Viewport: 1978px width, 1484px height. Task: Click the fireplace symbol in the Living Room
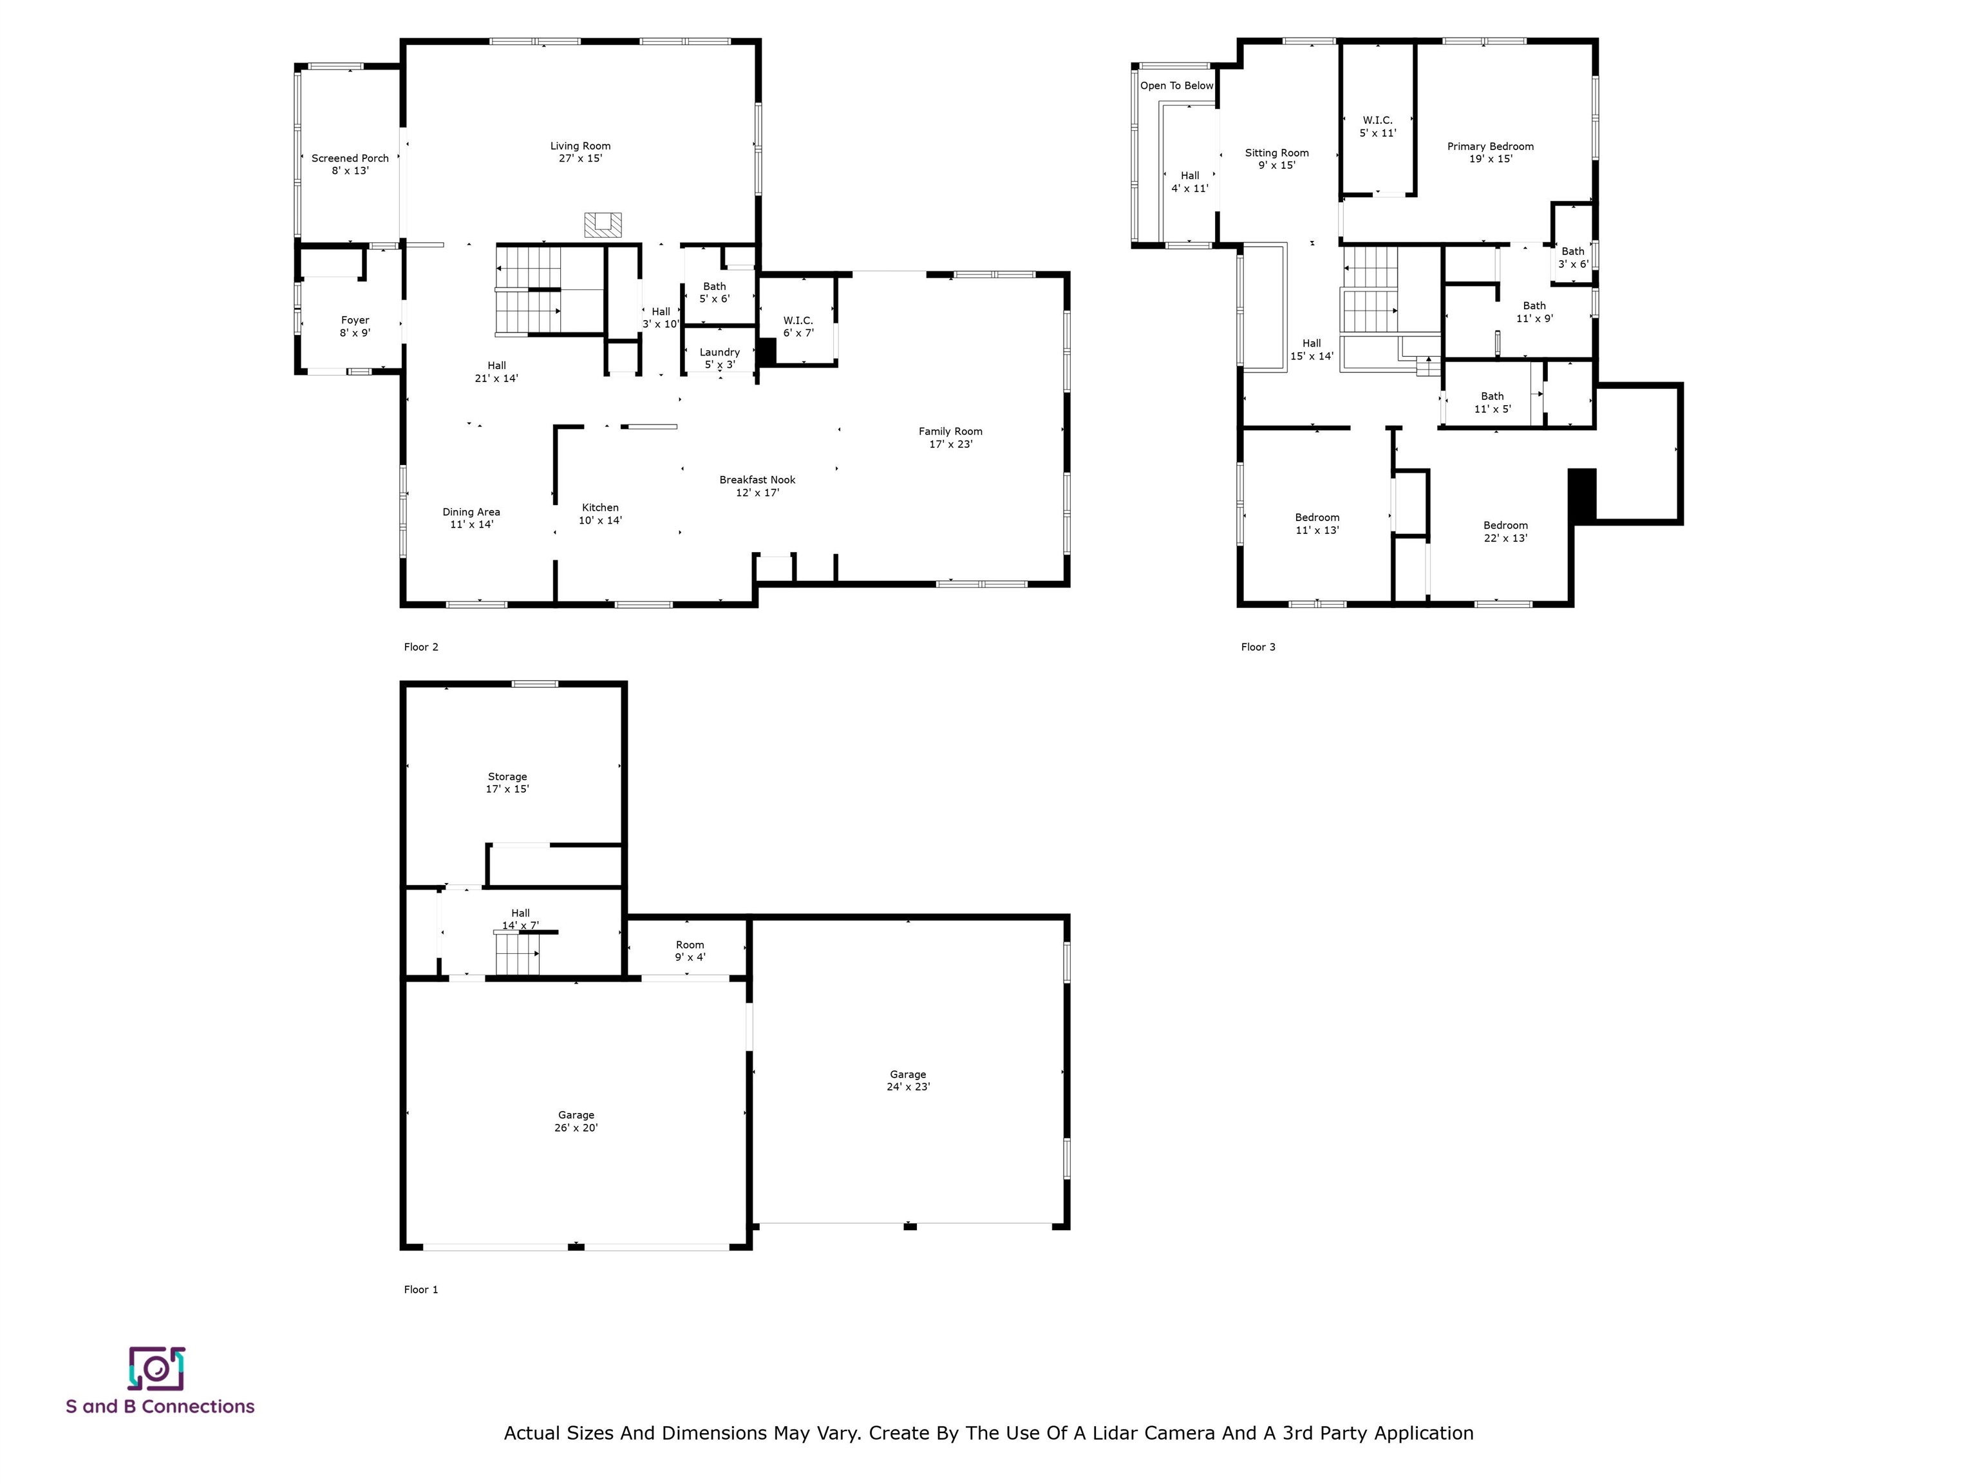click(x=603, y=225)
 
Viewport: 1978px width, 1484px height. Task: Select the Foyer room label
click(x=355, y=327)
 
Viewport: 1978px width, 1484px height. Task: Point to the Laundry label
click(x=720, y=358)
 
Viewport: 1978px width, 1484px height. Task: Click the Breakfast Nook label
click(x=757, y=486)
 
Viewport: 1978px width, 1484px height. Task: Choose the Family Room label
click(x=950, y=437)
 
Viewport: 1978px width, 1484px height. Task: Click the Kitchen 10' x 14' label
click(x=600, y=513)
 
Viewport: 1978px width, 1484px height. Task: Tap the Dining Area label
click(x=471, y=518)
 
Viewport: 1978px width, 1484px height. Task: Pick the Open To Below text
click(x=1177, y=86)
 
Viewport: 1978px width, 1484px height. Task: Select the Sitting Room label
click(x=1277, y=159)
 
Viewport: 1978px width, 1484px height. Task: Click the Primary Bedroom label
click(x=1491, y=153)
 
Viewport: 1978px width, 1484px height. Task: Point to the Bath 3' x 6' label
click(x=1573, y=258)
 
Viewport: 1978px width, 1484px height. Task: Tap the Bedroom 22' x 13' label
click(x=1506, y=532)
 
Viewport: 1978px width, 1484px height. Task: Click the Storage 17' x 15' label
click(x=507, y=783)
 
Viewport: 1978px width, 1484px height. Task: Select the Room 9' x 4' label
click(x=690, y=951)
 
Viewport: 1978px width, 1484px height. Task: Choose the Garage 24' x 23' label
click(x=909, y=1081)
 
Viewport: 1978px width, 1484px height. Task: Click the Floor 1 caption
click(x=421, y=1290)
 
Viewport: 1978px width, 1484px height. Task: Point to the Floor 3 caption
click(x=1258, y=647)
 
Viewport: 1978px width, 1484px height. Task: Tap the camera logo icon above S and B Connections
click(x=156, y=1369)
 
